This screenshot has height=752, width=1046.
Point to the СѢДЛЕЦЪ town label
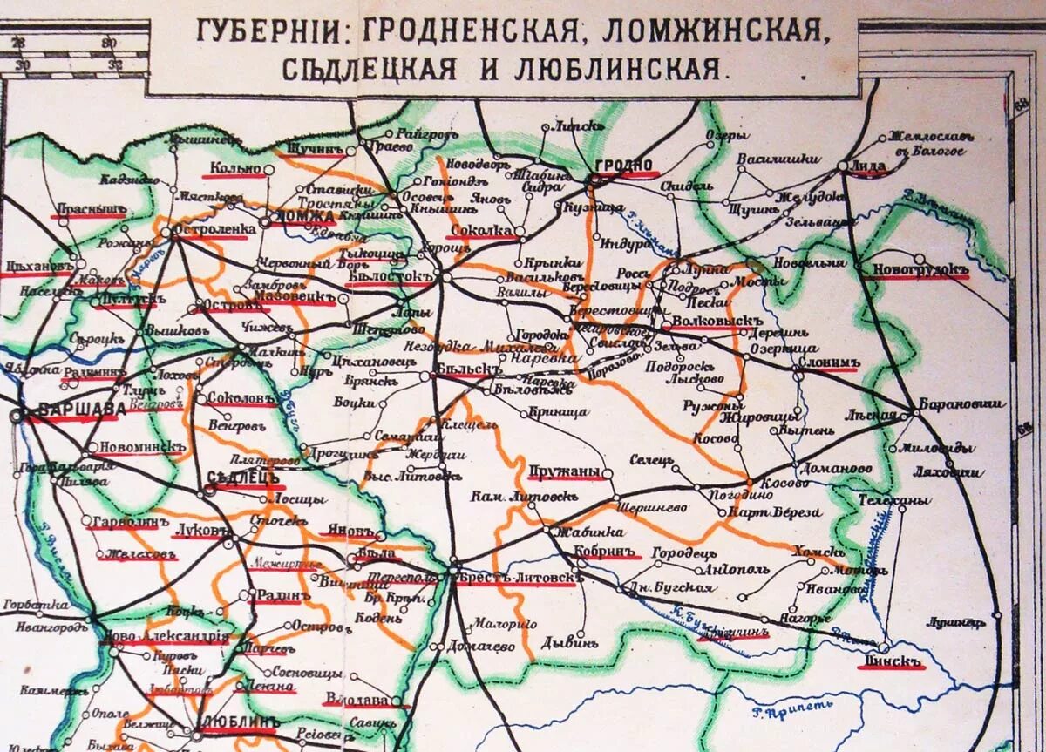(245, 478)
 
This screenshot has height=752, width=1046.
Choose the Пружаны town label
(565, 471)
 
